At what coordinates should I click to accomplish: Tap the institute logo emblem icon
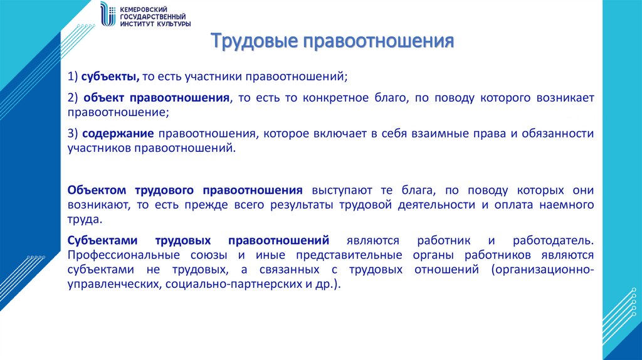coord(108,14)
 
